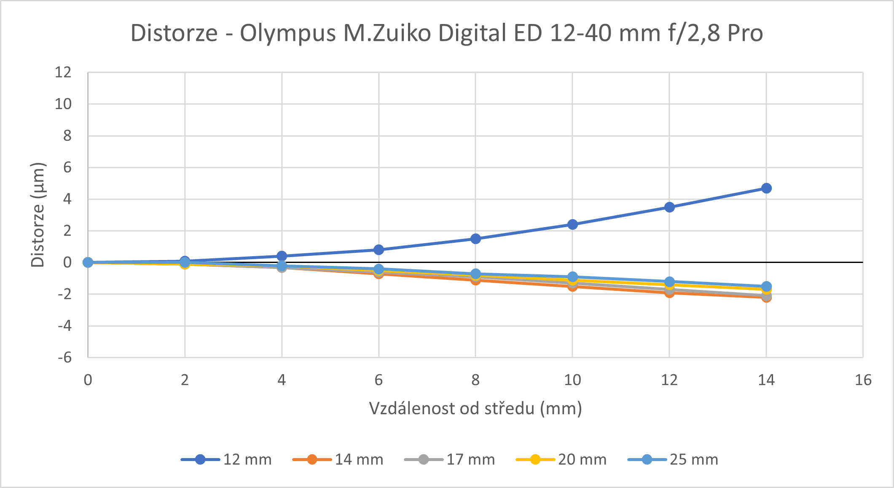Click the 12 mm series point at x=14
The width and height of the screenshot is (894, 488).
point(766,188)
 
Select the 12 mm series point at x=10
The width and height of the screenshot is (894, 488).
point(572,224)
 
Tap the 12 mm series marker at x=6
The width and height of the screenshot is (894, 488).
point(379,249)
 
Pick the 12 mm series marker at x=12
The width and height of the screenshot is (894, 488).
point(669,207)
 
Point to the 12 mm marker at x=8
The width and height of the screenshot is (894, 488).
point(475,239)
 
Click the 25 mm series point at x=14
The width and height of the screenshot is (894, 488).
point(766,286)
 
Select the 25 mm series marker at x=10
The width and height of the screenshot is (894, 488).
point(572,277)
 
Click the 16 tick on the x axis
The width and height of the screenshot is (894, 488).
point(863,380)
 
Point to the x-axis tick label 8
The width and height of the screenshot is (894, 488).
point(475,380)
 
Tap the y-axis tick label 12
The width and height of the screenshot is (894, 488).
point(63,72)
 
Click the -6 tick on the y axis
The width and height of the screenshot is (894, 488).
point(64,358)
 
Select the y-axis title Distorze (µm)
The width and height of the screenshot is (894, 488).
point(38,215)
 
